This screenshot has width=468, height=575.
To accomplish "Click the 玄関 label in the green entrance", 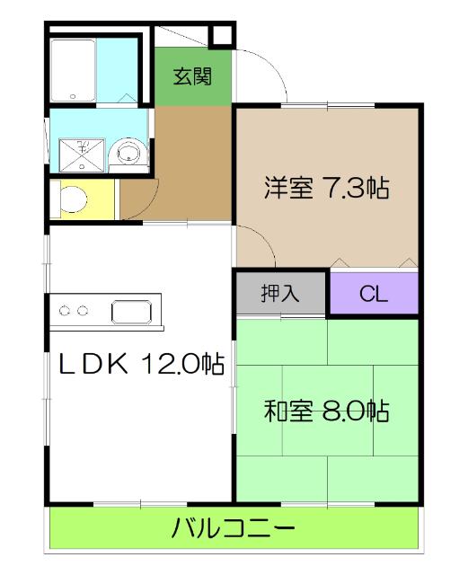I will pyautogui.click(x=192, y=76).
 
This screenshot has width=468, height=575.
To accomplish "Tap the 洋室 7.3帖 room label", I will pyautogui.click(x=325, y=190).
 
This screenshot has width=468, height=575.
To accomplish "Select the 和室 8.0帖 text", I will pyautogui.click(x=326, y=412).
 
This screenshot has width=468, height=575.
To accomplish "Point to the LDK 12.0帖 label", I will pyautogui.click(x=142, y=364).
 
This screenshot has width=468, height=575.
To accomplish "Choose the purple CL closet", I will pyautogui.click(x=373, y=294).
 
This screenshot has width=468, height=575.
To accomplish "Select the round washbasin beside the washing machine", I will pyautogui.click(x=129, y=152).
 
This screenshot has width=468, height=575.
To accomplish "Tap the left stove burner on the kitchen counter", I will pyautogui.click(x=66, y=312).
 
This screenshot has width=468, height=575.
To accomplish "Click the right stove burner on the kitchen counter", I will pyautogui.click(x=84, y=312).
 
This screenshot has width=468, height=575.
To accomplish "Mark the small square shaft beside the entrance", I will pyautogui.click(x=222, y=36).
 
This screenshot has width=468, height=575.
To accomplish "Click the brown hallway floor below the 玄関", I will pyautogui.click(x=193, y=162).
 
